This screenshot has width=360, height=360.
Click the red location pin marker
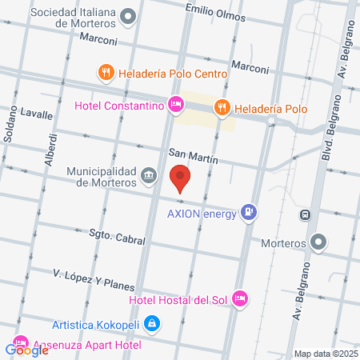(181, 177)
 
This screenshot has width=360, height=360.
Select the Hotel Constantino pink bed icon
(176, 104)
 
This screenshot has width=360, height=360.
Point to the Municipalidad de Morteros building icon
(149, 175)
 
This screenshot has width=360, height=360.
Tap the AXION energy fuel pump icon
(250, 212)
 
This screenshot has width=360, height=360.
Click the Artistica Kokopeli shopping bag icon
(154, 324)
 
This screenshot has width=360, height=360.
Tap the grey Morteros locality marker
(319, 241)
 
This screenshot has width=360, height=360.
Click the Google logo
(27, 350)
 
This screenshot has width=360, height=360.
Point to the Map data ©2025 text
(325, 354)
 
